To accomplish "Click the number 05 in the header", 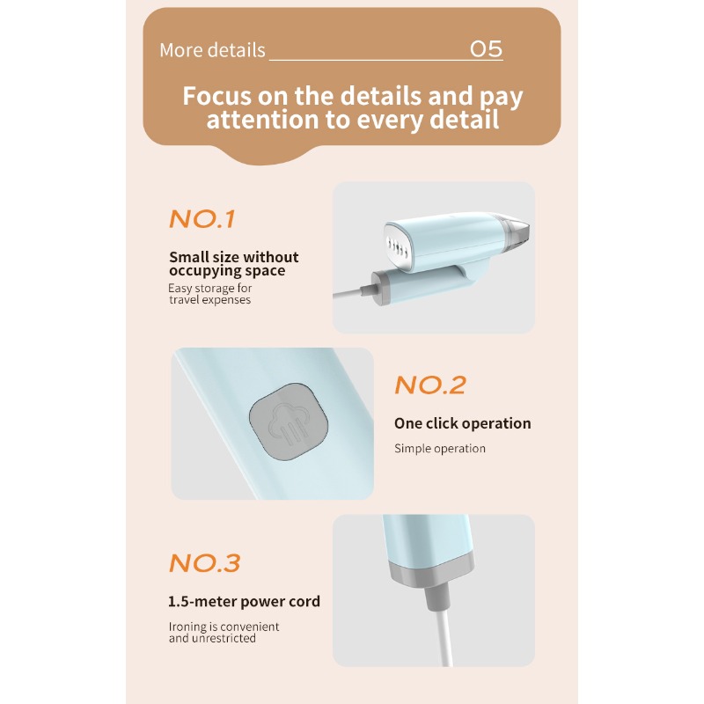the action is click(x=486, y=49).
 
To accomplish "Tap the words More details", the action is click(x=212, y=50).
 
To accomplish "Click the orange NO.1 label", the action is click(x=202, y=219).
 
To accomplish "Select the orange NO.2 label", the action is click(x=430, y=385).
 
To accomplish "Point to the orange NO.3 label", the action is click(x=205, y=563).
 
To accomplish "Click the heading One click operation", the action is click(x=463, y=423).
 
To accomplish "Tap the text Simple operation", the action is click(x=439, y=448).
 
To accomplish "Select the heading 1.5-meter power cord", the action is click(x=244, y=602).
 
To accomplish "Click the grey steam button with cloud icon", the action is click(x=289, y=422).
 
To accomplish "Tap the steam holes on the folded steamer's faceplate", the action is click(x=398, y=247).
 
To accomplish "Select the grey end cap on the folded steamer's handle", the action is click(x=381, y=288).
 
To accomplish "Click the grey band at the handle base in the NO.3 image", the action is click(x=432, y=570).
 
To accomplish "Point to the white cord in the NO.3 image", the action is click(x=444, y=638).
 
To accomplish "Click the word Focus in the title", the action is click(x=217, y=96).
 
